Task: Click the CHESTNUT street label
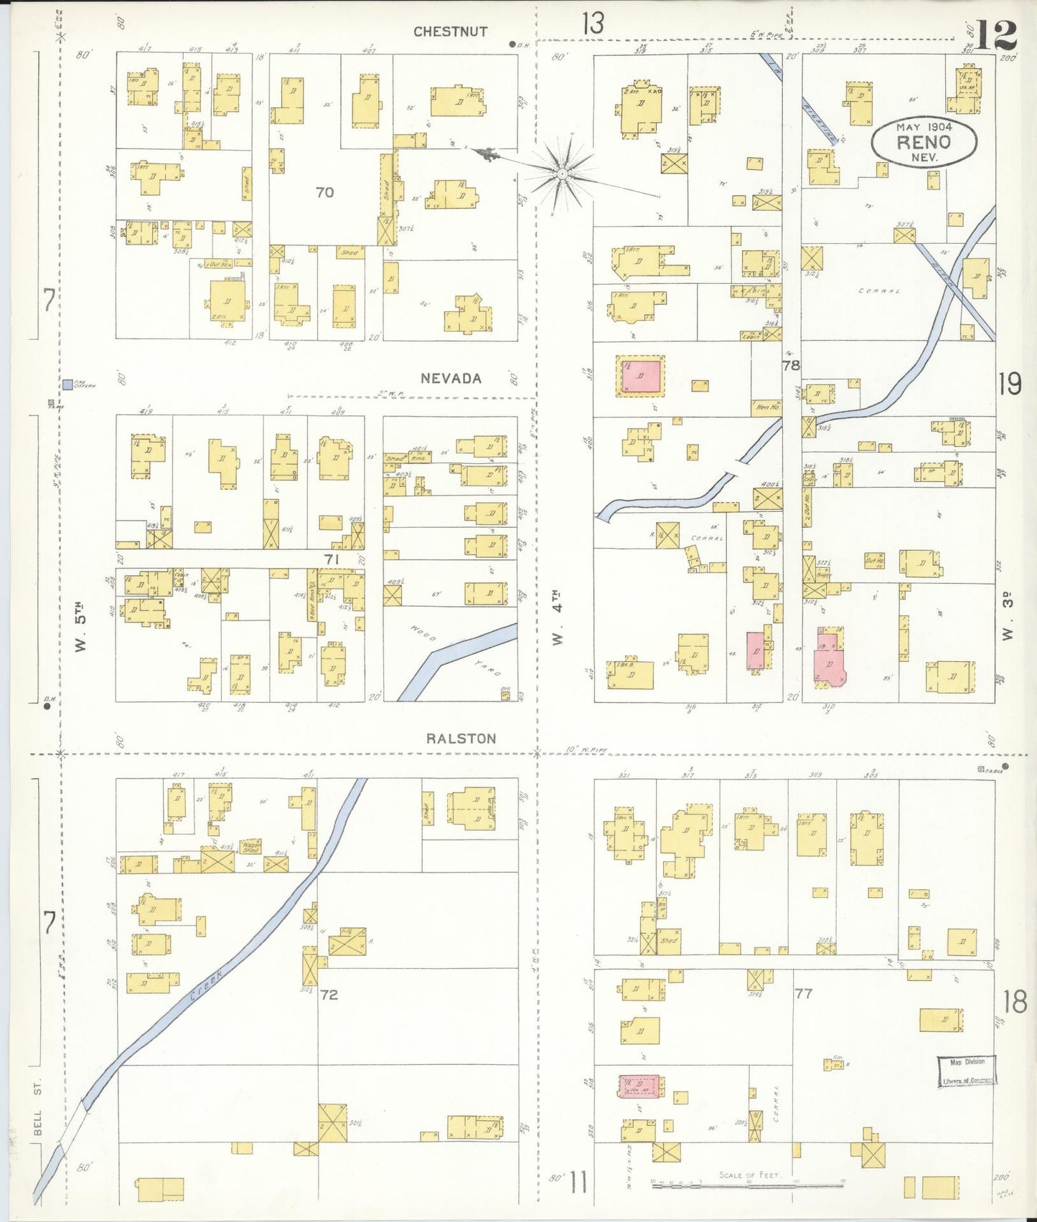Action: pos(450,32)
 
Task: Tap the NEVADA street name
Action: pos(450,379)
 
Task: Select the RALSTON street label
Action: pos(461,739)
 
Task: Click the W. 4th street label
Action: pos(558,617)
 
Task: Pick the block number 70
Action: pos(324,192)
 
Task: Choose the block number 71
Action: pos(331,558)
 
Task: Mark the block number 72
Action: pos(329,995)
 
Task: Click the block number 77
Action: pos(803,993)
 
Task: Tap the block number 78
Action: pos(791,366)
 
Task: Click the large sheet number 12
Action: pos(996,34)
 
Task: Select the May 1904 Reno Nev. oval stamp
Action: pos(924,141)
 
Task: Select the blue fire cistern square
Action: pos(67,384)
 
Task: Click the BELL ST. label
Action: pos(38,1114)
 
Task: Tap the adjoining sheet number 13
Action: pos(593,24)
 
